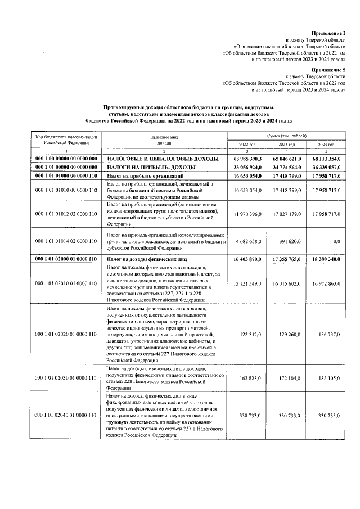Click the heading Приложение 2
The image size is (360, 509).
click(329, 34)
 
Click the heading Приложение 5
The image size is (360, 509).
click(329, 70)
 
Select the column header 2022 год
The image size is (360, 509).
click(247, 145)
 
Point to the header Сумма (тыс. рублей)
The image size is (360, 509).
click(287, 136)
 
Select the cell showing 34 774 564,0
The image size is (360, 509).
click(286, 168)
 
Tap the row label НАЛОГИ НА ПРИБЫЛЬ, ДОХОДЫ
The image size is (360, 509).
click(148, 168)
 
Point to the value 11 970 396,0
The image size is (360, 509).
click(247, 214)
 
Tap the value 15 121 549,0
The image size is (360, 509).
click(247, 285)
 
